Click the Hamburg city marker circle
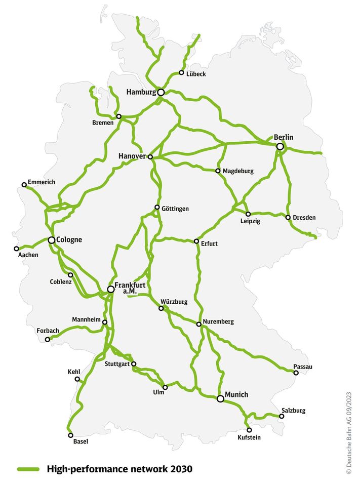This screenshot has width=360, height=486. click(161, 92)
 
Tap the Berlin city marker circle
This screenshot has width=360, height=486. click(280, 146)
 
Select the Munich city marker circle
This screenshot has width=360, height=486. click(220, 399)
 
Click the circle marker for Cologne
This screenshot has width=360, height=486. click(52, 240)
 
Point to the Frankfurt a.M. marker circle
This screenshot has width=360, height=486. click(110, 290)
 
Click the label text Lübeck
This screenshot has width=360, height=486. click(196, 74)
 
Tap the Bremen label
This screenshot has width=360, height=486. click(103, 123)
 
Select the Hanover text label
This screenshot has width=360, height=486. click(132, 156)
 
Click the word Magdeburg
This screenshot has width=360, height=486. click(238, 171)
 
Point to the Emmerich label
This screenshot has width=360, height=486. click(42, 182)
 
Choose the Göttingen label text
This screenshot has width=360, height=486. click(175, 209)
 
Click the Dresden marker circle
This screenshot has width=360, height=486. click(288, 218)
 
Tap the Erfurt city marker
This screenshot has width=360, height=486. click(196, 241)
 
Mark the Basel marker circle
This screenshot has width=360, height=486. click(70, 435)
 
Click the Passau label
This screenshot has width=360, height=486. click(303, 367)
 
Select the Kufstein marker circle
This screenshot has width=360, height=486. click(249, 430)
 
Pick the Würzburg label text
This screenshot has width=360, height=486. click(174, 302)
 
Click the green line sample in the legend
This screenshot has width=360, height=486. click(29, 469)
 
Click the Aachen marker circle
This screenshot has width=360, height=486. click(16, 249)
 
